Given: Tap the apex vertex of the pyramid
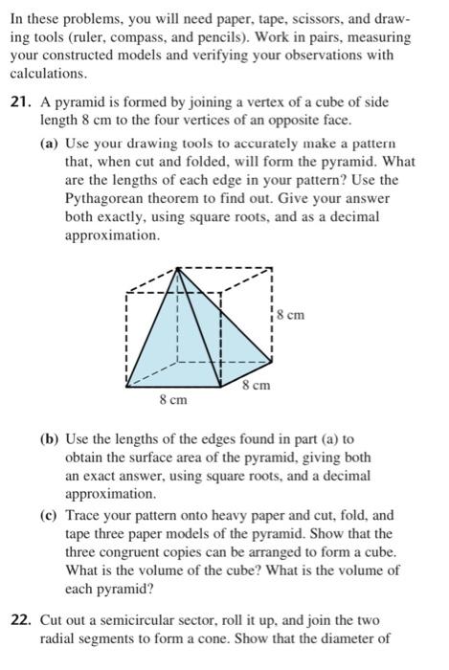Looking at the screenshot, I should [x=179, y=269].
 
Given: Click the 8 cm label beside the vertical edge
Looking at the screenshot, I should [x=289, y=313].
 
